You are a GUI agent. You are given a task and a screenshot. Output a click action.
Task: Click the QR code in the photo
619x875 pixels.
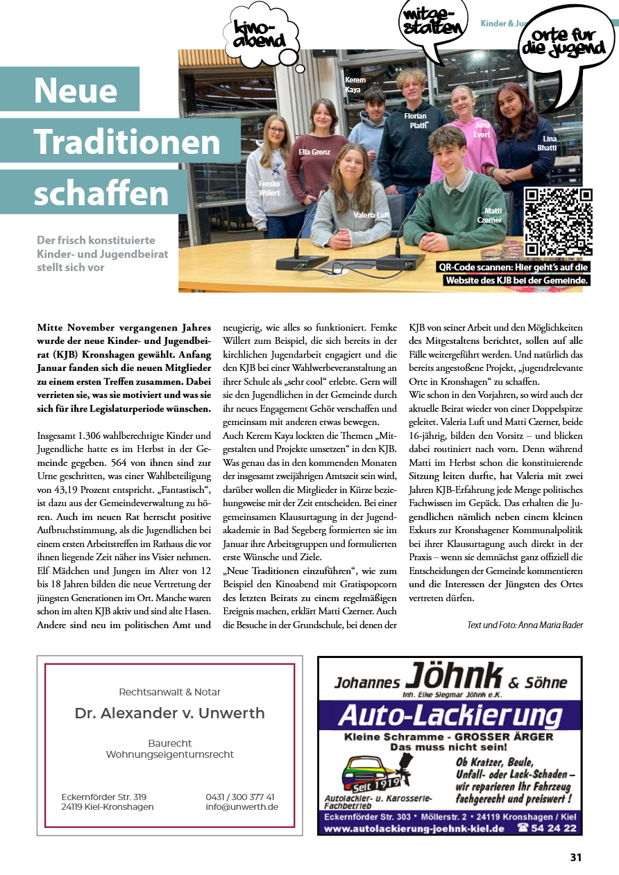click(559, 223)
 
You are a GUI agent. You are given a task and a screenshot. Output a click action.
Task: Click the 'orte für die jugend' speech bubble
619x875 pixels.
click(567, 43)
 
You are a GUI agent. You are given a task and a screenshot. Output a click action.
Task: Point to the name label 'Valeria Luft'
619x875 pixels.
click(372, 216)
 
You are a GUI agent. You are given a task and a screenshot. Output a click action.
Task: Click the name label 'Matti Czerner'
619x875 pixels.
click(493, 216)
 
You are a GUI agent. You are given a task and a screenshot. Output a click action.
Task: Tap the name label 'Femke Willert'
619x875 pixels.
click(270, 188)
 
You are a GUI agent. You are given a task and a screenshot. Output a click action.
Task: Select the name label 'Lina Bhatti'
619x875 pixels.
click(548, 144)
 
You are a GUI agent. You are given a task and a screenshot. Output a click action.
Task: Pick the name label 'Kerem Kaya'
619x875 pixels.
click(355, 85)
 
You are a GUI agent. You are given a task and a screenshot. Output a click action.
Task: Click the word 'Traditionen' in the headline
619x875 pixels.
click(127, 141)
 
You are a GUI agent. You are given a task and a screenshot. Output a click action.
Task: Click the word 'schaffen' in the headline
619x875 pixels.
click(101, 193)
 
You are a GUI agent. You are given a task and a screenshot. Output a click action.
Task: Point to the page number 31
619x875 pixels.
click(575, 857)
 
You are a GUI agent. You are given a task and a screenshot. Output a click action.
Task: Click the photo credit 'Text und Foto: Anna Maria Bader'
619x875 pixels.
click(525, 625)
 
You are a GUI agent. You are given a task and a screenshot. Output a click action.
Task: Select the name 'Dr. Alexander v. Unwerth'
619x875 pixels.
click(170, 713)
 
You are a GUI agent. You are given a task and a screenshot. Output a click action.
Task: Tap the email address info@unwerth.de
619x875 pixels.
click(242, 807)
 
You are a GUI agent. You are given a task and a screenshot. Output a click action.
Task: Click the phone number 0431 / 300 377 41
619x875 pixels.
click(240, 797)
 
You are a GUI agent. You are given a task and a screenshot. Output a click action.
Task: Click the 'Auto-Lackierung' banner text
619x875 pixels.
click(450, 715)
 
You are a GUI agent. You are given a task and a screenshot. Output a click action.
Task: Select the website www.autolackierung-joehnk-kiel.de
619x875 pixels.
click(415, 829)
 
